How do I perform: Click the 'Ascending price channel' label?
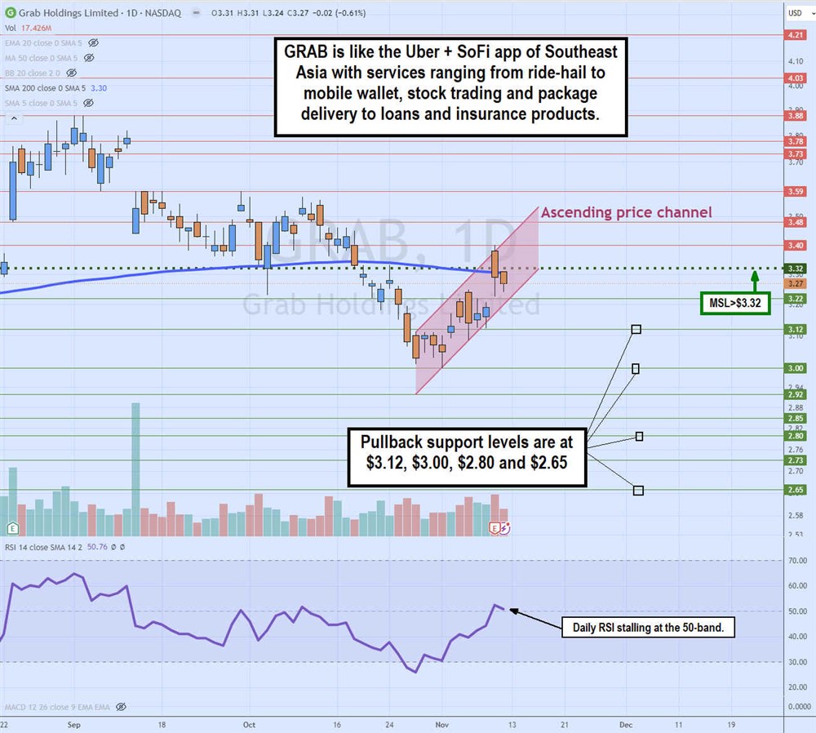[x=626, y=213]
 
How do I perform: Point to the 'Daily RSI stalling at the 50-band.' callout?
[x=649, y=628]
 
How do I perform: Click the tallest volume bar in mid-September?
[x=135, y=469]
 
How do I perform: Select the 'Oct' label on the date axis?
[x=250, y=724]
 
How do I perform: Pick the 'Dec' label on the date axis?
[x=627, y=724]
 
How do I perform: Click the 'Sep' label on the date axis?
[x=73, y=724]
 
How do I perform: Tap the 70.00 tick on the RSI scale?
[x=796, y=561]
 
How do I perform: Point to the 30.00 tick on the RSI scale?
[x=796, y=662]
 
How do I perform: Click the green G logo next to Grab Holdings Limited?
[x=9, y=13]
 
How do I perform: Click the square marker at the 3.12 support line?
[x=636, y=329]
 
